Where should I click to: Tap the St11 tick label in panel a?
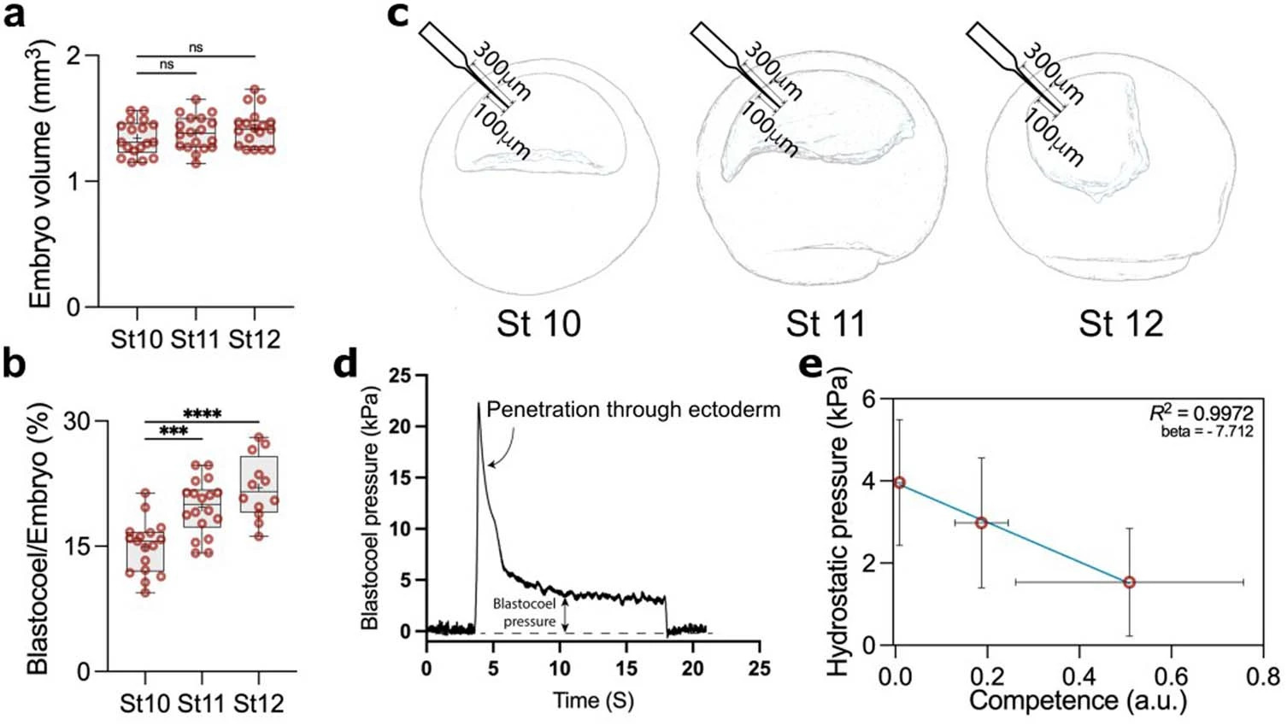pyautogui.click(x=195, y=339)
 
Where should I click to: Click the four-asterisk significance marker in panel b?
pyautogui.click(x=203, y=414)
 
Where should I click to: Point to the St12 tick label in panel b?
pyautogui.click(x=258, y=704)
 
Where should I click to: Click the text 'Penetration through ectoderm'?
pyautogui.click(x=633, y=410)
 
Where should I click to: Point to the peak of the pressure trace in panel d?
pyautogui.click(x=479, y=404)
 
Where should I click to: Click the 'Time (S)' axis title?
pyautogui.click(x=593, y=701)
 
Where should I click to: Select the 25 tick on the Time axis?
pyautogui.click(x=759, y=669)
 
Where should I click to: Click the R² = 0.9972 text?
pyautogui.click(x=1202, y=414)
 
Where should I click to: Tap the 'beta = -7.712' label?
pyautogui.click(x=1207, y=431)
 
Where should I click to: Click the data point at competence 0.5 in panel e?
pyautogui.click(x=1129, y=582)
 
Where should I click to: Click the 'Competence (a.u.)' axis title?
pyautogui.click(x=1078, y=701)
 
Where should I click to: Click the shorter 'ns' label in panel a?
pyautogui.click(x=167, y=64)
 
